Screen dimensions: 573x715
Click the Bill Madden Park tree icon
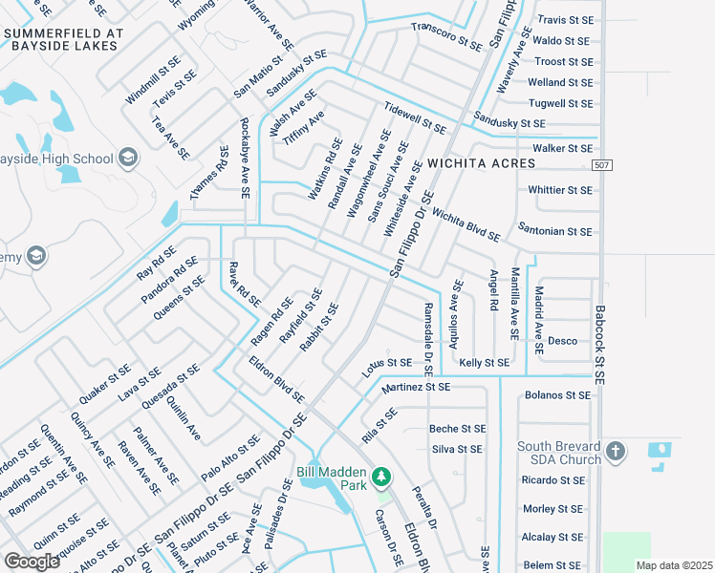click(x=381, y=476)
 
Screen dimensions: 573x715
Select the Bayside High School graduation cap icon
click(x=128, y=158)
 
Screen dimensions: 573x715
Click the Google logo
click(x=32, y=562)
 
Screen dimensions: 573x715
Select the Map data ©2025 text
click(x=674, y=565)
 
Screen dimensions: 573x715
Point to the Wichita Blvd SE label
click(x=466, y=223)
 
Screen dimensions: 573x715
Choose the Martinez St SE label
click(x=415, y=388)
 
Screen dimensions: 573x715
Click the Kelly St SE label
click(x=485, y=363)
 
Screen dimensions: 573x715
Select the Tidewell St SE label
click(x=414, y=119)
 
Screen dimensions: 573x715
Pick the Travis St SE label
click(x=565, y=19)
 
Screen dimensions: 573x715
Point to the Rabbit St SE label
click(x=319, y=328)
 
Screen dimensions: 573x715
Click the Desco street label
click(x=562, y=340)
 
